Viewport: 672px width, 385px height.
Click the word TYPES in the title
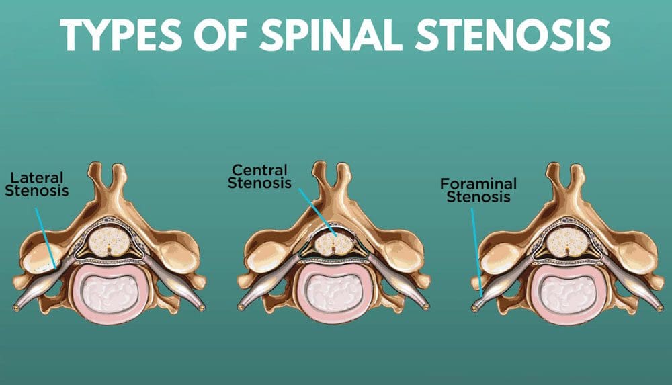pyautogui.click(x=121, y=35)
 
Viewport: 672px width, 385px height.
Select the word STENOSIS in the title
pyautogui.click(x=513, y=35)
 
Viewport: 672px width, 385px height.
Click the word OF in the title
pyautogui.click(x=220, y=35)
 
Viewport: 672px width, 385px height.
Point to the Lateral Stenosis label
pyautogui.click(x=37, y=184)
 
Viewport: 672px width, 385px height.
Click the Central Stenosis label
pyautogui.click(x=259, y=177)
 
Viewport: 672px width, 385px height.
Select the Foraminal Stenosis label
pyautogui.click(x=478, y=190)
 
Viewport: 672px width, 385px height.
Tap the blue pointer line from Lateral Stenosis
pyautogui.click(x=46, y=238)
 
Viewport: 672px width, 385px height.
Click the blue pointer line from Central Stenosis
pyautogui.click(x=317, y=212)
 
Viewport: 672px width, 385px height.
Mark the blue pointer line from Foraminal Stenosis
pyautogui.click(x=477, y=252)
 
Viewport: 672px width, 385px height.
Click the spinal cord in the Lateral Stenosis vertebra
pyautogui.click(x=109, y=242)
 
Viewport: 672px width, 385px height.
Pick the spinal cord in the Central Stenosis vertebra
pyautogui.click(x=333, y=243)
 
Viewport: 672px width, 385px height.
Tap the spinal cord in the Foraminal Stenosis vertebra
pyautogui.click(x=567, y=242)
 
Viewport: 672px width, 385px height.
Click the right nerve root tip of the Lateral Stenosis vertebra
pyautogui.click(x=200, y=308)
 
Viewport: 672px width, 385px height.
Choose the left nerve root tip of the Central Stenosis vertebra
pyautogui.click(x=242, y=308)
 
